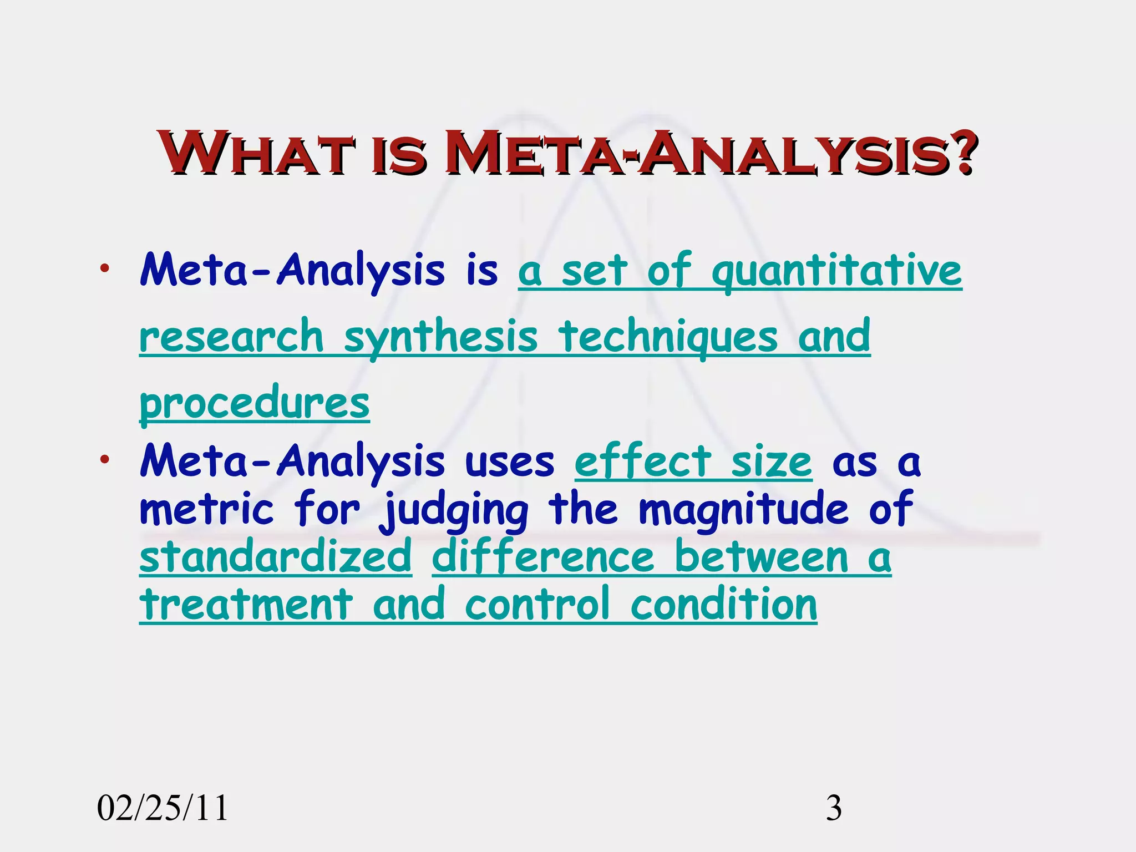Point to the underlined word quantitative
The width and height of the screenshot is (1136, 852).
click(836, 272)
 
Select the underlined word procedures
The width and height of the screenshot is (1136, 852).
click(255, 404)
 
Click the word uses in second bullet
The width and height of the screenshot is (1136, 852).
click(509, 462)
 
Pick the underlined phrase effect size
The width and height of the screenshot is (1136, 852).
click(693, 462)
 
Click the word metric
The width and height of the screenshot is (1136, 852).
click(207, 509)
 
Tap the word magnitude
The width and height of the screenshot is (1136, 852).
click(743, 509)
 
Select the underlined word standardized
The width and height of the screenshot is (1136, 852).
click(276, 557)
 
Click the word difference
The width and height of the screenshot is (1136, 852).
click(543, 557)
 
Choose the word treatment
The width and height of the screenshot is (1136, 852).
click(246, 605)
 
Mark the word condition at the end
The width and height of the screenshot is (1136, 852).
click(724, 605)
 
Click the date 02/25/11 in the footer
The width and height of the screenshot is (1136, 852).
click(163, 808)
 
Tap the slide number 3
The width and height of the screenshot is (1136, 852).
click(834, 808)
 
